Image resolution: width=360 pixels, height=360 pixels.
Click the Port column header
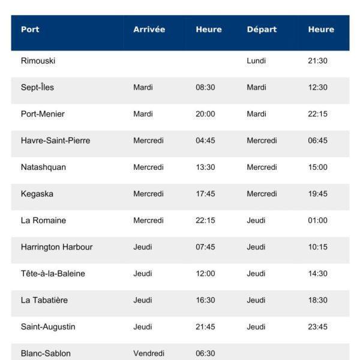[x=30, y=29]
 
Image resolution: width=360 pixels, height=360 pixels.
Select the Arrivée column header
[x=149, y=29]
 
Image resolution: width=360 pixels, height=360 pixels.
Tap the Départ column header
[x=262, y=29]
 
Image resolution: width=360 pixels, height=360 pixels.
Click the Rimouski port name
[x=38, y=61]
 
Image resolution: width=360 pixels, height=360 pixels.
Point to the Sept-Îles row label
[x=37, y=88]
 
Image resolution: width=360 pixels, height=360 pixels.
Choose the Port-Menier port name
[x=43, y=114]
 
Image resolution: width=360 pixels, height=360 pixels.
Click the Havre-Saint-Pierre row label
[x=55, y=140]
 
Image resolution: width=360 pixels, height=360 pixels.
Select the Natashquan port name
[x=43, y=167]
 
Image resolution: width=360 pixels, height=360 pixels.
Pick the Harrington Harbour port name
[x=56, y=247]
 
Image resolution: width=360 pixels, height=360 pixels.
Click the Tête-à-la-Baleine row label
[x=53, y=274]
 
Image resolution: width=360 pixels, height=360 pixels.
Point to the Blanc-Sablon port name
[x=46, y=353]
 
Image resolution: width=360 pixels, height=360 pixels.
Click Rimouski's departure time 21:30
[x=317, y=61]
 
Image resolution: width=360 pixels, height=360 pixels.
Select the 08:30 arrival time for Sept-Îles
[x=205, y=88]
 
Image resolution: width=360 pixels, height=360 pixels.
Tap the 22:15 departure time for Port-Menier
[x=317, y=114]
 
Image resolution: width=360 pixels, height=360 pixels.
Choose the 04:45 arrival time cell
[x=205, y=140]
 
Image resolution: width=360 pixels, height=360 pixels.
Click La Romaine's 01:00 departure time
[x=317, y=220]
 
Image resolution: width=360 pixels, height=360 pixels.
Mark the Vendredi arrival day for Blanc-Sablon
[x=149, y=353]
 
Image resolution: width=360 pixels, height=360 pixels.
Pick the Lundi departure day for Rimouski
[x=256, y=61]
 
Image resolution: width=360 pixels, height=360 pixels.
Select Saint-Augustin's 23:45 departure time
[x=317, y=327]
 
